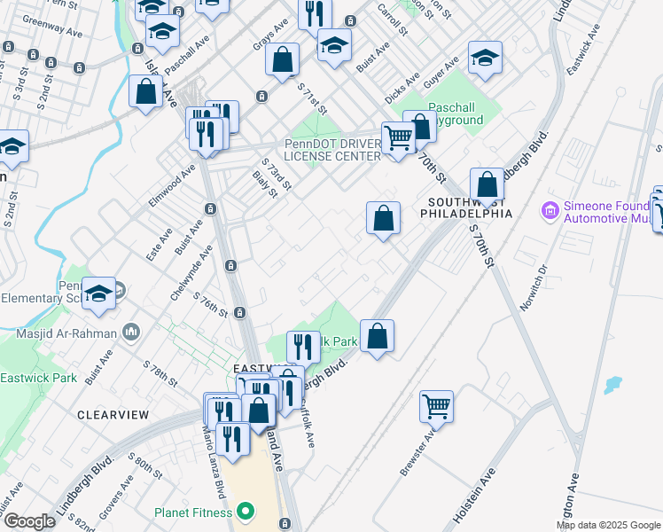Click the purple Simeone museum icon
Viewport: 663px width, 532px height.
[550, 212]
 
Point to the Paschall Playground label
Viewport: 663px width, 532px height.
[456, 113]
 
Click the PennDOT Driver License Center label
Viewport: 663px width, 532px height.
[331, 151]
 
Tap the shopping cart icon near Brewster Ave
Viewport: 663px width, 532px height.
[437, 406]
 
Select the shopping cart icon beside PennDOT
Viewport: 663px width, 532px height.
[398, 137]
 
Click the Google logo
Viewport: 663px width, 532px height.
[28, 521]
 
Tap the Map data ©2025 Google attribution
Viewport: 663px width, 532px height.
[607, 525]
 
